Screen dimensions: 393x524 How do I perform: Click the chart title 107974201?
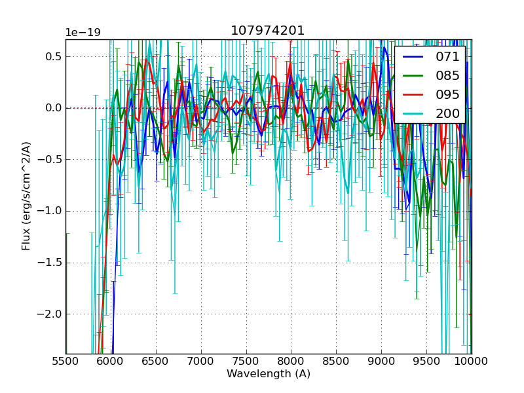268,31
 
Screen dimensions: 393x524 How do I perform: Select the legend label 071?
448,57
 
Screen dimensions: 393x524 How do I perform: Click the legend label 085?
448,76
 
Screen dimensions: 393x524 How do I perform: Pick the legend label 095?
448,94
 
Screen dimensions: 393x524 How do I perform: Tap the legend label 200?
448,113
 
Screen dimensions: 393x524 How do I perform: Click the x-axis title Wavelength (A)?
269,374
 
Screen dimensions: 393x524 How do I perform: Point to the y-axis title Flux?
26,196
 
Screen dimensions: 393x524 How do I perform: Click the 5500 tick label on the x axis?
65,362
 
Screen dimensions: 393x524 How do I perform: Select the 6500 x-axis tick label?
156,362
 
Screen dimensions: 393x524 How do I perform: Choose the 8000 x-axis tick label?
291,362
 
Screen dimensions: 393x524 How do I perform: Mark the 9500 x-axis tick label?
426,362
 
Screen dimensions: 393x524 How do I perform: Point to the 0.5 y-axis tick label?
52,56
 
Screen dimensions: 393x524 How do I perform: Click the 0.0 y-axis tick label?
52,108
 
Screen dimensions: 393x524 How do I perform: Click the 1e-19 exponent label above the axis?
83,33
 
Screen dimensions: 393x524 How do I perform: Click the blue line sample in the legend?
414,57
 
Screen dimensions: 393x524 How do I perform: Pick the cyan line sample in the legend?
414,113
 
